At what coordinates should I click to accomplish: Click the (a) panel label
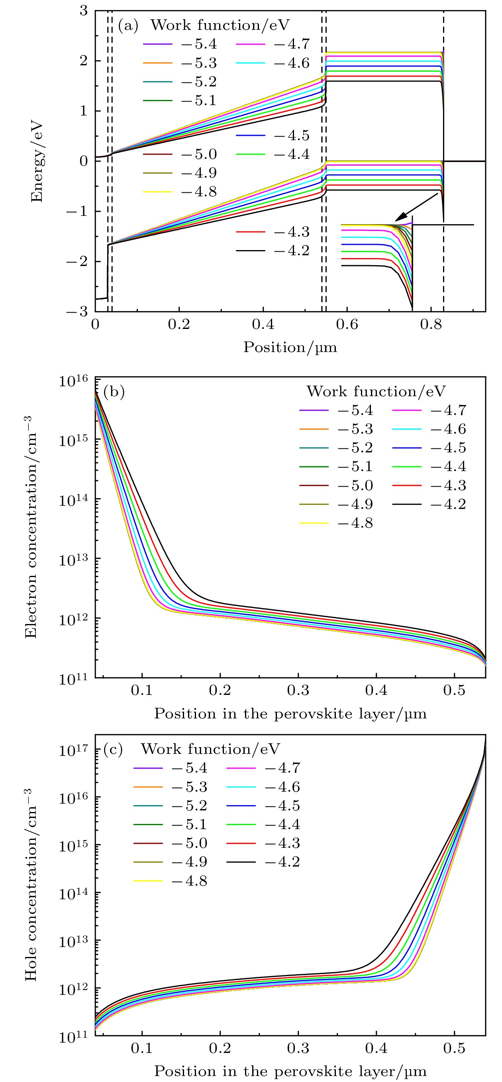coord(128,25)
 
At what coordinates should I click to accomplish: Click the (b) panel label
coord(114,391)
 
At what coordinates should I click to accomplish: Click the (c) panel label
coord(113,749)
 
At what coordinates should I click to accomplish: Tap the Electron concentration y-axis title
coord(31,527)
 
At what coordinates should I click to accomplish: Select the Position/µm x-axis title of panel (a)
coord(290,347)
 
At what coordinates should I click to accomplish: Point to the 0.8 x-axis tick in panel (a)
coord(431,324)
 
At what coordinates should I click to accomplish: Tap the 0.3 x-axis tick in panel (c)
coord(298,1049)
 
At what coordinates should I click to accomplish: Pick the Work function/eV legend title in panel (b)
coord(376,391)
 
